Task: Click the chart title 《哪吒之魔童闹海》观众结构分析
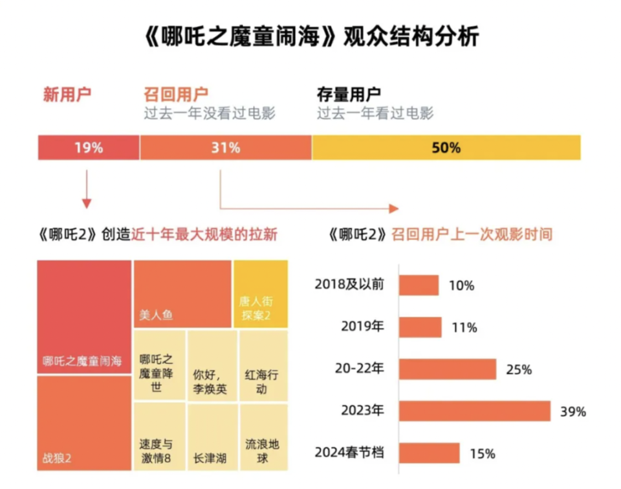(310, 36)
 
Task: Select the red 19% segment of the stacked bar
(89, 148)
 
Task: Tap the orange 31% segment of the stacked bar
(226, 148)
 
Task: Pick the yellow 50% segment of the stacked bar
(446, 148)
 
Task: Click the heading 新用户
(67, 95)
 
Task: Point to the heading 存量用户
(349, 95)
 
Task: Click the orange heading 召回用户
(176, 95)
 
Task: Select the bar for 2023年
(475, 411)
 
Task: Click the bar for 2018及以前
(419, 285)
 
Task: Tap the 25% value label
(518, 370)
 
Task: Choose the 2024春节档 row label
(349, 453)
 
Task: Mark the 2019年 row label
(362, 326)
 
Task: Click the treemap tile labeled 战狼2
(84, 424)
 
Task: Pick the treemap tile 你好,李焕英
(212, 365)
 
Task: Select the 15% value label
(482, 453)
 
